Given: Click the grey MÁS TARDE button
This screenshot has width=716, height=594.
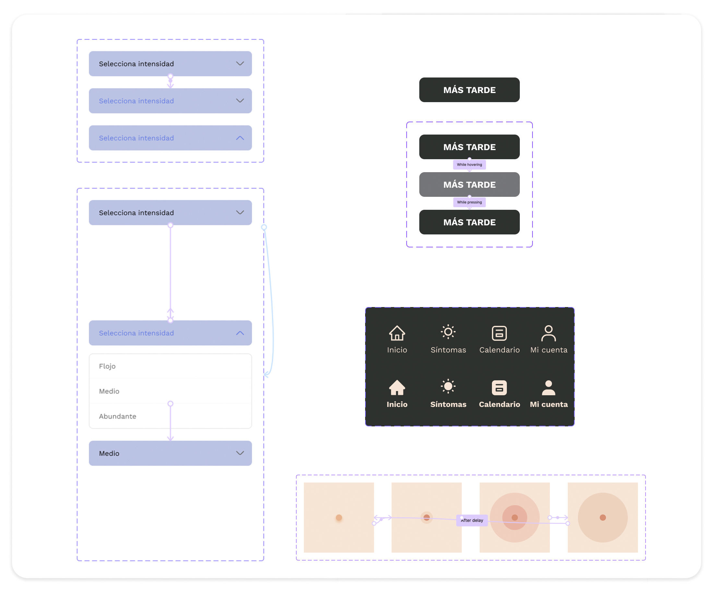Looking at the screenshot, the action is tap(470, 184).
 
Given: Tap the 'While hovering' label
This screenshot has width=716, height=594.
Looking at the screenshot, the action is tap(470, 165).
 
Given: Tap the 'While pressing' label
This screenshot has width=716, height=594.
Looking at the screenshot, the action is tap(470, 202).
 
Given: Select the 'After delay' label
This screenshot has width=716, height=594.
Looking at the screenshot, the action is tap(472, 520).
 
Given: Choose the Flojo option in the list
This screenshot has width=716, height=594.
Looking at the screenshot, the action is tap(107, 366).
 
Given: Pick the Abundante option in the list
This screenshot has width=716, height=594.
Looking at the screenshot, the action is tap(118, 416).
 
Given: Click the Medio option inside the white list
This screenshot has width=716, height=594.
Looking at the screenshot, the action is tap(109, 391).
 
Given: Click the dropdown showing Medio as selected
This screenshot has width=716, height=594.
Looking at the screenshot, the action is tap(171, 453).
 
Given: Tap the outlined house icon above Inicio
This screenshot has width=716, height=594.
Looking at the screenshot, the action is tap(397, 333).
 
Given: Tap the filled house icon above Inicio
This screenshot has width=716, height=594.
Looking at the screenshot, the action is tap(397, 388).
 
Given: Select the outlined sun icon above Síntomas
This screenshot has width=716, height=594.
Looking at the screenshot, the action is tap(448, 332).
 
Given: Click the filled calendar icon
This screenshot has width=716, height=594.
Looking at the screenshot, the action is tap(499, 388).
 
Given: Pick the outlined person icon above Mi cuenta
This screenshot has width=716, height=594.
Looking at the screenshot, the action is tap(549, 333).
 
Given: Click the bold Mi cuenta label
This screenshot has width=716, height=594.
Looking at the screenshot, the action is tap(549, 404).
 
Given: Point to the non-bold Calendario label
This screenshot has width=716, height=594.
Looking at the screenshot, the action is tap(499, 350).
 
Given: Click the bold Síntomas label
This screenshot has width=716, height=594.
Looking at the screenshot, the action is tap(448, 404).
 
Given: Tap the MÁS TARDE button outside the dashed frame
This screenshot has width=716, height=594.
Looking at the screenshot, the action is tap(470, 90).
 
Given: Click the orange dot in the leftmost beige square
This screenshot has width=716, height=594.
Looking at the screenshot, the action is tap(339, 517).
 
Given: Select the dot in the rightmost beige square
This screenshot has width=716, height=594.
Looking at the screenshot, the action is tap(603, 517).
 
